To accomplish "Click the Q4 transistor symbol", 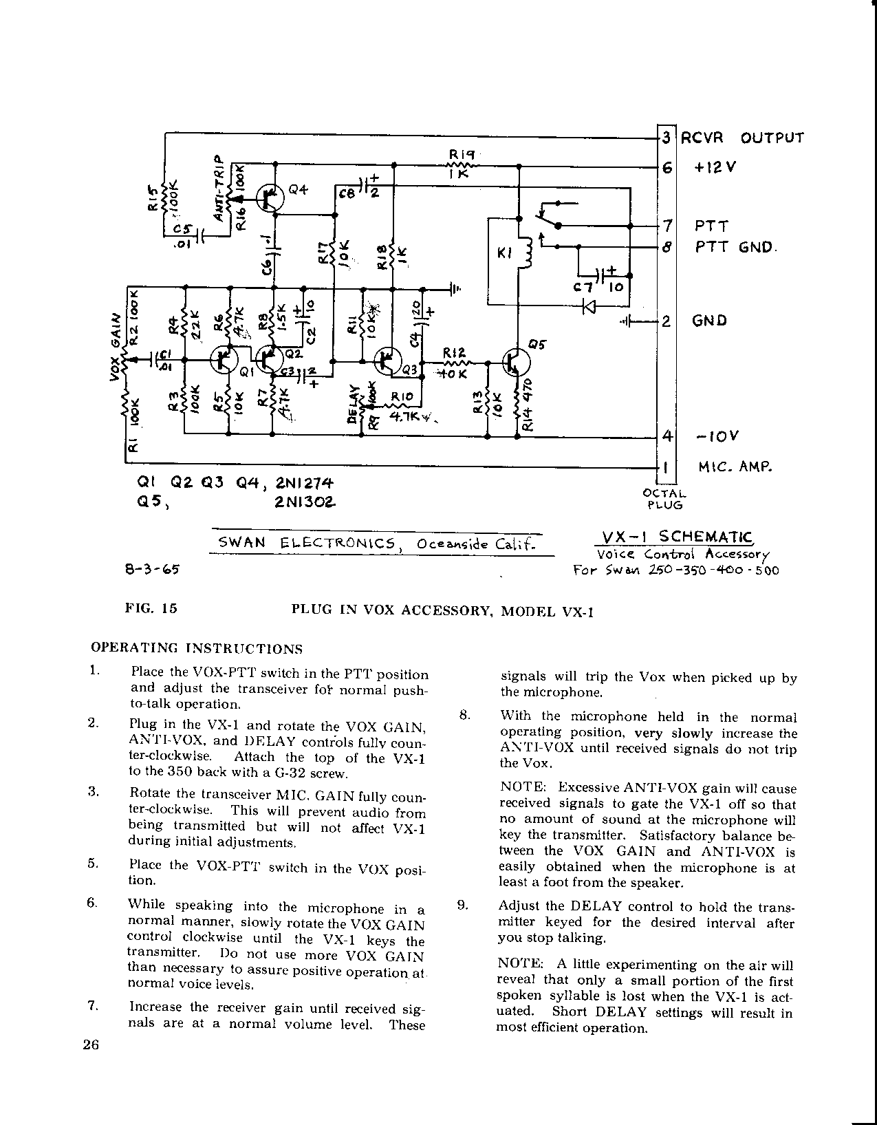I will (x=270, y=197).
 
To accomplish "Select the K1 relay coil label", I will (x=506, y=254).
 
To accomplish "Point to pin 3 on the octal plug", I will (x=666, y=138).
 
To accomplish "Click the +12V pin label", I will (x=715, y=167).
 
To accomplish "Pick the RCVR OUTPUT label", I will (x=742, y=138).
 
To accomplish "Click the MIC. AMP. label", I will (x=735, y=467).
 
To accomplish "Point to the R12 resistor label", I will (x=453, y=352).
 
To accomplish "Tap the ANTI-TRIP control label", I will (x=219, y=187).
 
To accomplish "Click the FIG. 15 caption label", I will (x=151, y=608).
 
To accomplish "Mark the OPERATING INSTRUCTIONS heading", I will (x=197, y=648).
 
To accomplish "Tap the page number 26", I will (x=91, y=1045).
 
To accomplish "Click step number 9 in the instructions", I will (x=463, y=906).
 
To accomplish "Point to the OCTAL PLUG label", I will (x=664, y=499).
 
